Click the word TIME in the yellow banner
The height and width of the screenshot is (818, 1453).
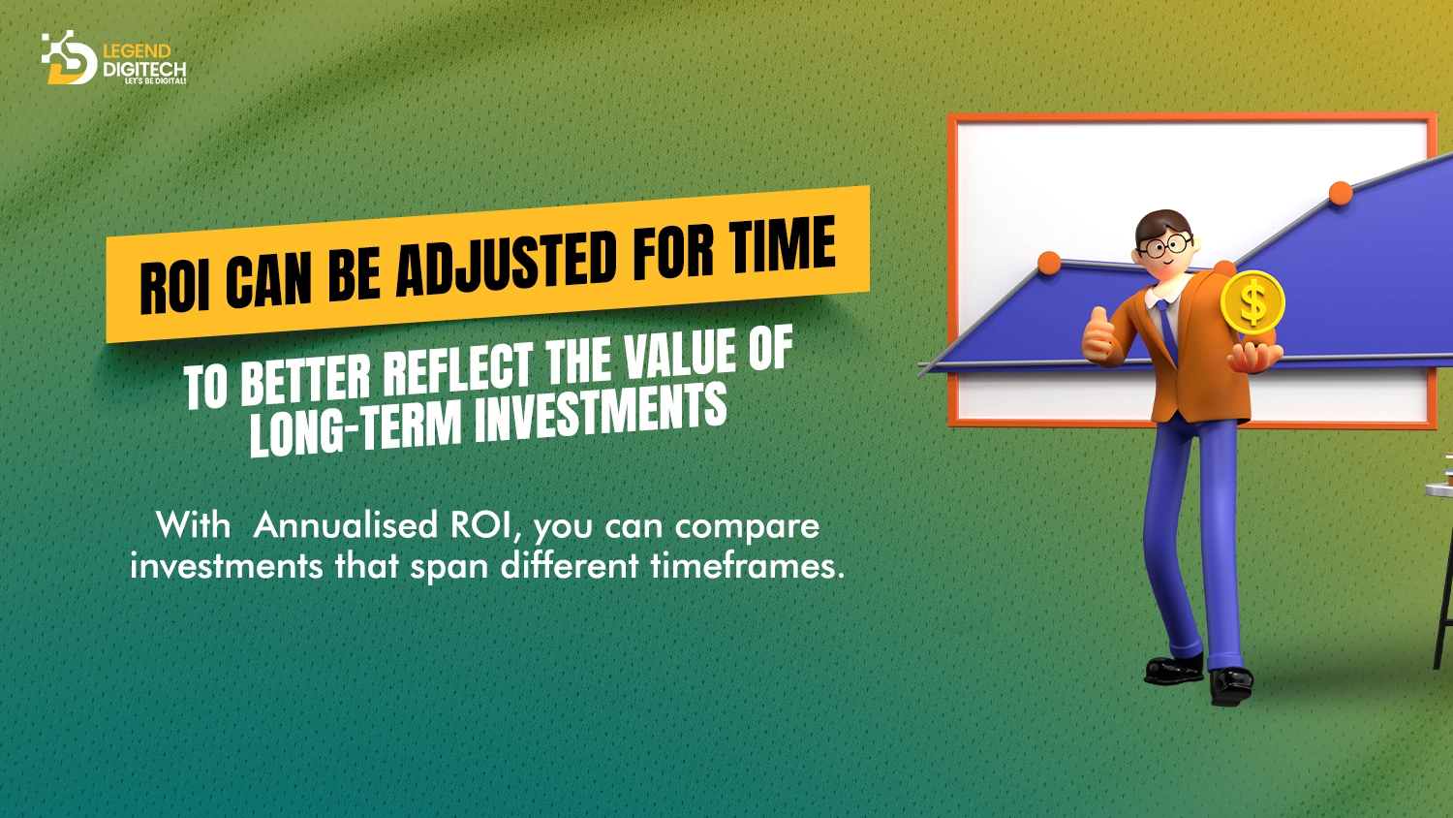pos(782,246)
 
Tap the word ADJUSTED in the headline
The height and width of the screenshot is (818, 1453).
pos(506,261)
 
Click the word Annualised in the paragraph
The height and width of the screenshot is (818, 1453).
pos(346,525)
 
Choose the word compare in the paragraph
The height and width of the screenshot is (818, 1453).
pos(747,525)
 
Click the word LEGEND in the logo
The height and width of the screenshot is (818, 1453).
pos(137,51)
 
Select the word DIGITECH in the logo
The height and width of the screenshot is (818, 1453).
pos(143,69)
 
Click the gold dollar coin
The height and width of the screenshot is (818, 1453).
pos(1252,302)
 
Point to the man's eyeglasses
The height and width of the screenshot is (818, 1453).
pos(1165,245)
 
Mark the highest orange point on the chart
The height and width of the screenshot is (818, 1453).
pos(1341,193)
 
